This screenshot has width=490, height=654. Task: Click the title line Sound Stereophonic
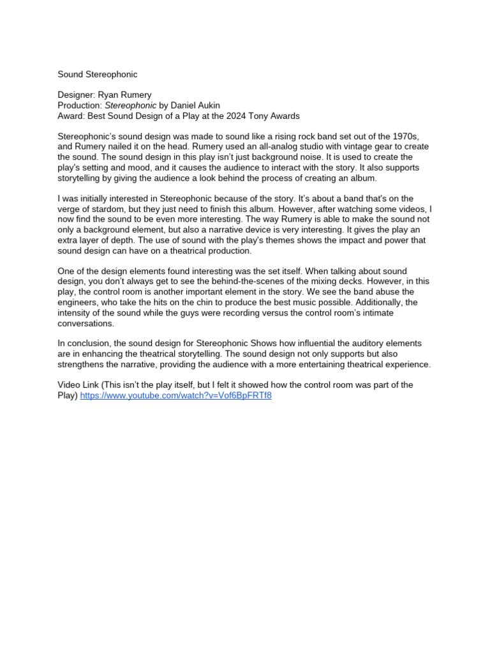[x=97, y=75]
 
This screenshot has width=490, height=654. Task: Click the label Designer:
[x=77, y=95]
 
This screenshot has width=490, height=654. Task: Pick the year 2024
[x=239, y=116]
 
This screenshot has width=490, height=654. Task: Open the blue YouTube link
[x=175, y=395]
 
